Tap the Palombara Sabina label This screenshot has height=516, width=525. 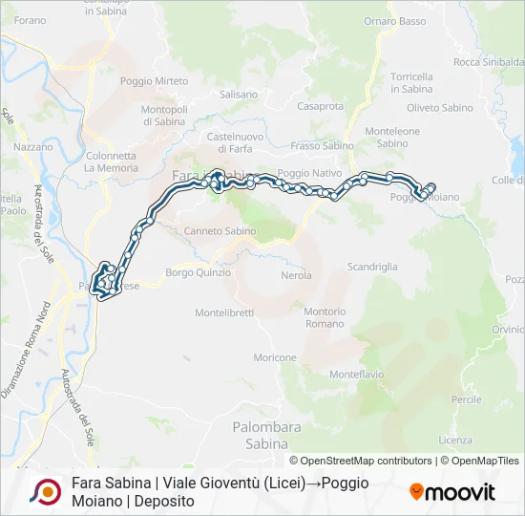(x=261, y=436)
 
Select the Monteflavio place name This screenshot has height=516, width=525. (x=356, y=375)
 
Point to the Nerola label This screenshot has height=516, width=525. (x=296, y=275)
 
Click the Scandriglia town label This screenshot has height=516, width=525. (x=372, y=267)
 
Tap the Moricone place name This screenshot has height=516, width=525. (x=275, y=357)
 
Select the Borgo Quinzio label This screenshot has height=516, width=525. (x=199, y=272)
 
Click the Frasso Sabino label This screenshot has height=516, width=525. (x=322, y=146)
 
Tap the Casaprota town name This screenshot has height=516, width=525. (x=321, y=106)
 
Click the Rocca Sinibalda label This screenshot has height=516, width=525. (x=489, y=63)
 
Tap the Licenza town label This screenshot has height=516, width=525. (x=455, y=440)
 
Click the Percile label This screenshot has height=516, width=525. (x=467, y=398)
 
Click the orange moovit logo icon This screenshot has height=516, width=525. (x=416, y=492)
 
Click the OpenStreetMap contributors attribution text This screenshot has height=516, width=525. (x=362, y=461)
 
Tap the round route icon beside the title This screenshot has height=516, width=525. (x=45, y=492)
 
